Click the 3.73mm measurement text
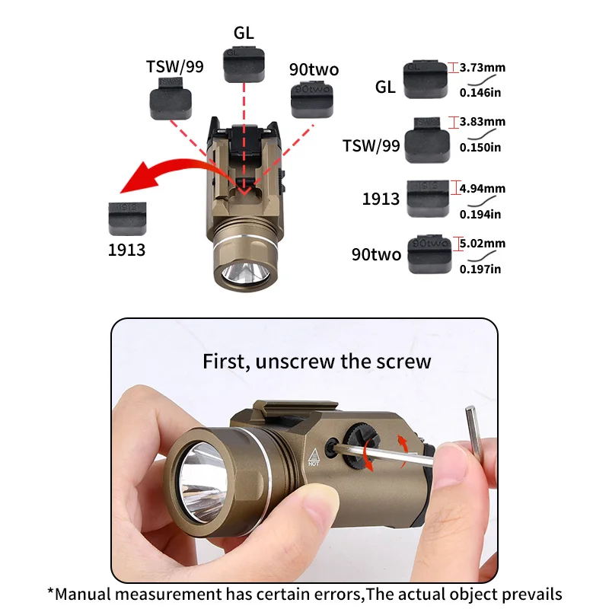483,68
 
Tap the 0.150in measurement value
480,147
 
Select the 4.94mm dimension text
483,188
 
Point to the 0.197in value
480,268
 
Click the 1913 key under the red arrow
128,218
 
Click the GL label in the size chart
385,87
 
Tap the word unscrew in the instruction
294,361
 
